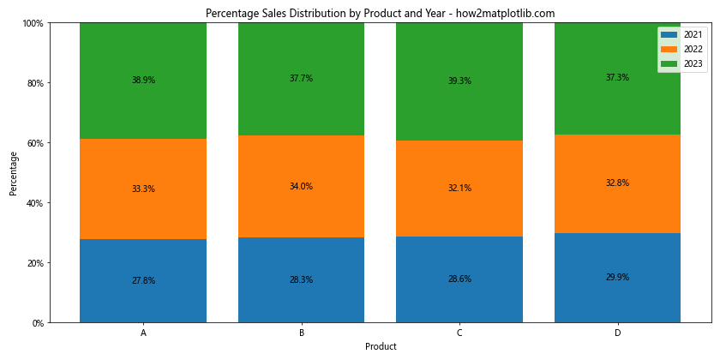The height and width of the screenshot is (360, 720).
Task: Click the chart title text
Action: tap(380, 13)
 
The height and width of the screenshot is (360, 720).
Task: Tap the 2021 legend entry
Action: tap(682, 34)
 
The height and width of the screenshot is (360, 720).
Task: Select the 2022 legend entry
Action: tap(682, 49)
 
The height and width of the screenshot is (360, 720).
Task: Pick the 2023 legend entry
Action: tap(682, 63)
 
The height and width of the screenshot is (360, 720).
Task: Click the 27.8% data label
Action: tap(143, 280)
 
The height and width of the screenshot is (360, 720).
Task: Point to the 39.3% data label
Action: tap(459, 81)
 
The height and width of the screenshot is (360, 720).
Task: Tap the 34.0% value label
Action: tap(301, 186)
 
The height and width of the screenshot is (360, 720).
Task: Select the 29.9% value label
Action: tap(617, 277)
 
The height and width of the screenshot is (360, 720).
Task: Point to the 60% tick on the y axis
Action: tap(34, 143)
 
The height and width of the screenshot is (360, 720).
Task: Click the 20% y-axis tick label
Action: tap(34, 263)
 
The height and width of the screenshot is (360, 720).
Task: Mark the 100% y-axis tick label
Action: tap(33, 23)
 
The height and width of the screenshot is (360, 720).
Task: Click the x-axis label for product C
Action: tap(459, 333)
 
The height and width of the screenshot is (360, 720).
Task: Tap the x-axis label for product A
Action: tap(143, 333)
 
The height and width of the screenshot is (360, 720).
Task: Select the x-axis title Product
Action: tap(381, 346)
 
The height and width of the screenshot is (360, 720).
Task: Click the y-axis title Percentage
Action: tap(14, 173)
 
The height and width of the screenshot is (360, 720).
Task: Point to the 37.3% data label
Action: tap(617, 77)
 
